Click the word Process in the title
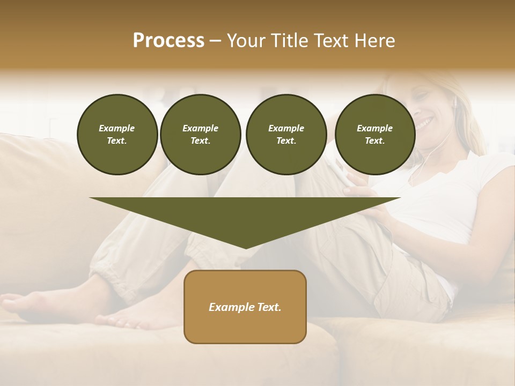click(x=168, y=41)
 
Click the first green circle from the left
click(x=117, y=135)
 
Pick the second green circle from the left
click(x=200, y=135)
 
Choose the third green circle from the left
click(x=286, y=135)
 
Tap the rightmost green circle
click(x=374, y=135)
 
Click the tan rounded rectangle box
click(x=245, y=307)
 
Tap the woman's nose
click(x=420, y=111)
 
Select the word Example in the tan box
click(x=231, y=307)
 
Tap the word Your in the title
click(x=244, y=41)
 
